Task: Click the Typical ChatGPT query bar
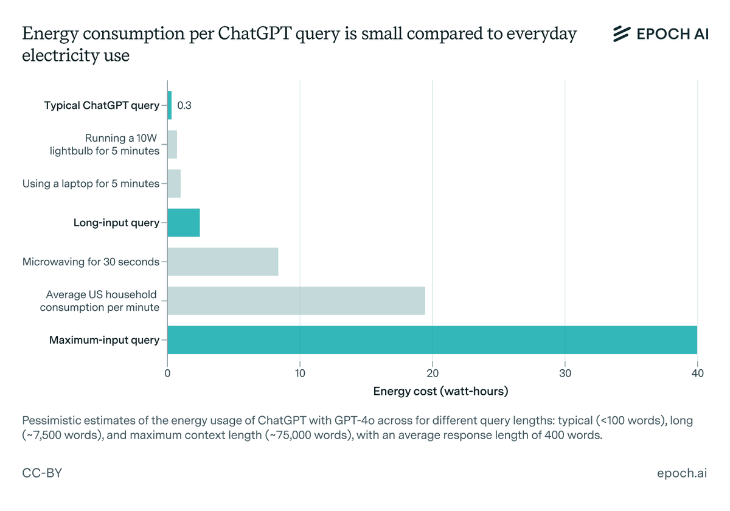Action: point(170,105)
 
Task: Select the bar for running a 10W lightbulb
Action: point(172,144)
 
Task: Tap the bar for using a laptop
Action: point(174,183)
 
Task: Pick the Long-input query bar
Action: point(184,223)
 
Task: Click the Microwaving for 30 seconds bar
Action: point(223,262)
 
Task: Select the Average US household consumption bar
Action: point(296,301)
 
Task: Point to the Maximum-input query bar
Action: point(432,340)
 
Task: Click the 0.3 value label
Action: point(184,106)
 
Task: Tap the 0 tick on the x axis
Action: point(168,373)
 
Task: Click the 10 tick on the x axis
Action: point(300,373)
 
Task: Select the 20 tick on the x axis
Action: point(433,373)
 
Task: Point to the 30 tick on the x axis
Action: point(565,373)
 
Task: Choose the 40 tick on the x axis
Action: point(697,373)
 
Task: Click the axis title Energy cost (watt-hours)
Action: point(440,391)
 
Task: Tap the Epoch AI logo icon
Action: point(621,34)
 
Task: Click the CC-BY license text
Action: point(42,473)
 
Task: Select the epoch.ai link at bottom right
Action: point(682,473)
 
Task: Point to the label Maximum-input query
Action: point(104,340)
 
